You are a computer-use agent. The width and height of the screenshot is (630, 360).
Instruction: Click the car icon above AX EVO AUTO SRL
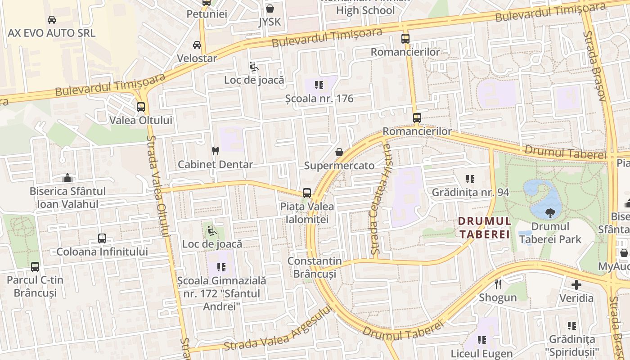52,20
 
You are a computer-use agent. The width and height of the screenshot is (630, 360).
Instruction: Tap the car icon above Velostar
197,45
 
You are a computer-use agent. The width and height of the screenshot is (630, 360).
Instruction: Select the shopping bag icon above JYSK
270,8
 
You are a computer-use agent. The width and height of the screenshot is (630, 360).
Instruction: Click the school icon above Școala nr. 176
319,85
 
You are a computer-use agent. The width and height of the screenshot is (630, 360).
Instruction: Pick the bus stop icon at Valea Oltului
141,107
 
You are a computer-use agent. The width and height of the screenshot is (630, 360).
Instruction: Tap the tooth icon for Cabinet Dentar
215,151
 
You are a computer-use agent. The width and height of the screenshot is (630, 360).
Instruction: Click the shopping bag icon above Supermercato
339,152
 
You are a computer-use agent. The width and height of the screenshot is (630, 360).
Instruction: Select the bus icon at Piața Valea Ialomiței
307,193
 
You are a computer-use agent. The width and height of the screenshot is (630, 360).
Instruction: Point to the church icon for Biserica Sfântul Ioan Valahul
67,178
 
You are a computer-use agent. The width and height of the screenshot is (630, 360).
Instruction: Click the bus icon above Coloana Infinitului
102,238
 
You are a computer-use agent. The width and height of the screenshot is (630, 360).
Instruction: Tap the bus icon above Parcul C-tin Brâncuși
35,266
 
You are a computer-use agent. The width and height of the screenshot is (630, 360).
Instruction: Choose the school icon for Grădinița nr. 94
470,179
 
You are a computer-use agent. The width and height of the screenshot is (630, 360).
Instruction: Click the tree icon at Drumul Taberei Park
549,213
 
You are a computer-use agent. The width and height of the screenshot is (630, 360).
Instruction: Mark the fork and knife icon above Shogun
498,284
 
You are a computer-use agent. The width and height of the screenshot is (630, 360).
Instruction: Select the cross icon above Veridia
576,284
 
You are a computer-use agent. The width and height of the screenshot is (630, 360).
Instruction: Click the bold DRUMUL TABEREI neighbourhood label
485,228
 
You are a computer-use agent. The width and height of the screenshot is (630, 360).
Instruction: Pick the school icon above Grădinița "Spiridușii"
572,325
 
